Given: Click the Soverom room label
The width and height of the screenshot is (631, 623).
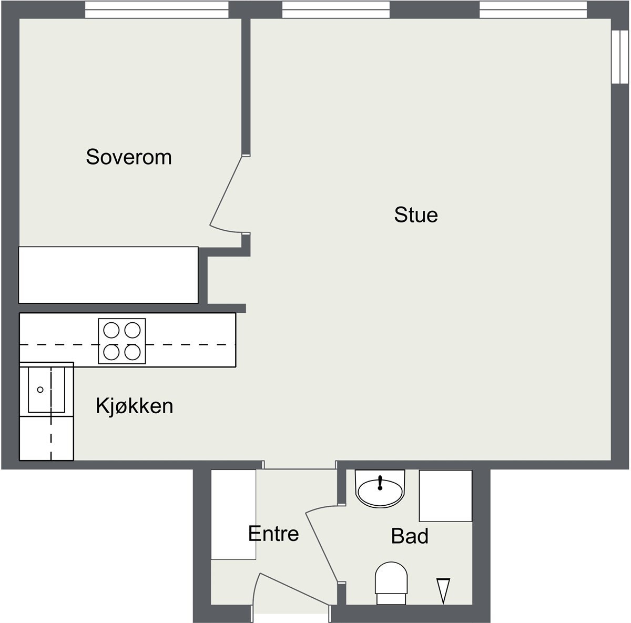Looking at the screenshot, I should point(129,157).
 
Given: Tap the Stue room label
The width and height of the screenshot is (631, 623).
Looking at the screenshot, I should point(416,215).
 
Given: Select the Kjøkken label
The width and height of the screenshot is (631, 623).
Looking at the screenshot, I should point(135,406).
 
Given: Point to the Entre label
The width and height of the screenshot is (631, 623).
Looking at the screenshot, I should point(273,534).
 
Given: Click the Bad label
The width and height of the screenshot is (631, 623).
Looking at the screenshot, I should point(410,536).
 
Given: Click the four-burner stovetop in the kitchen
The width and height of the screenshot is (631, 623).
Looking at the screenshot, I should point(122,341).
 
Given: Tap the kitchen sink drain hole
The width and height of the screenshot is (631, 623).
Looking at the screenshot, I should point(40,390).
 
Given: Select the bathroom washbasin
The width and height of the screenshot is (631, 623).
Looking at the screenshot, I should point(381,490).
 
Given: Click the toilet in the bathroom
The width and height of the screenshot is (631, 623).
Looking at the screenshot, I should point(392,583).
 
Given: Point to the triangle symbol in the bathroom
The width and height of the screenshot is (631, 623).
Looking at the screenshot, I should point(443,590).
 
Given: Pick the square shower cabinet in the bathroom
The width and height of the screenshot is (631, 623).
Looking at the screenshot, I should point(445,496).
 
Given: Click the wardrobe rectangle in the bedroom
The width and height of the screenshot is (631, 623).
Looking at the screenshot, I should point(108,275).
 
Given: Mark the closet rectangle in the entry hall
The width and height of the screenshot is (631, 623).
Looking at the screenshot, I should point(233,514).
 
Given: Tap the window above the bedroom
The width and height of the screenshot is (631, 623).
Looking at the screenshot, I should point(157,9).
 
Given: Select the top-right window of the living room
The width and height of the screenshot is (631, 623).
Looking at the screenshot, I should point(533,9).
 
